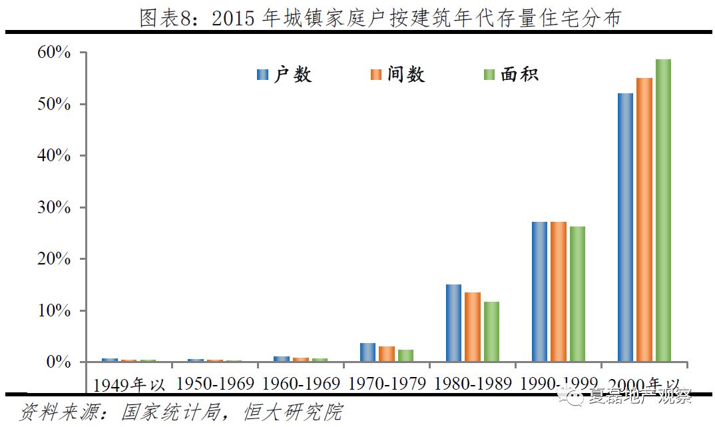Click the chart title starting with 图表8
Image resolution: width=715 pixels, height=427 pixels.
(x=380, y=18)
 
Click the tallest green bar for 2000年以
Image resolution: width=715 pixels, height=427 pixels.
(x=663, y=211)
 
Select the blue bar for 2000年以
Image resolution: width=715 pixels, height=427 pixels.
(x=625, y=228)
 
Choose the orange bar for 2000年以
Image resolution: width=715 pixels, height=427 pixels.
(x=644, y=220)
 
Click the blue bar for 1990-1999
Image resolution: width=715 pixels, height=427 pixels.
(x=539, y=292)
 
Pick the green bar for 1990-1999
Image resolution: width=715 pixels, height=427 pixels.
(x=577, y=294)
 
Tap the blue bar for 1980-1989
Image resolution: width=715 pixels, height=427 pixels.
(x=453, y=323)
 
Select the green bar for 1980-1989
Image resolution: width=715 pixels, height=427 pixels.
(x=491, y=332)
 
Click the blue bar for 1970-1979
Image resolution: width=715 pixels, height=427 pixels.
(x=367, y=352)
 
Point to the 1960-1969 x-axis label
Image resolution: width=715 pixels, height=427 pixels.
(x=301, y=384)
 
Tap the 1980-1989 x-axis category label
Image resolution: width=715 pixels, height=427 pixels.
(x=473, y=384)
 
